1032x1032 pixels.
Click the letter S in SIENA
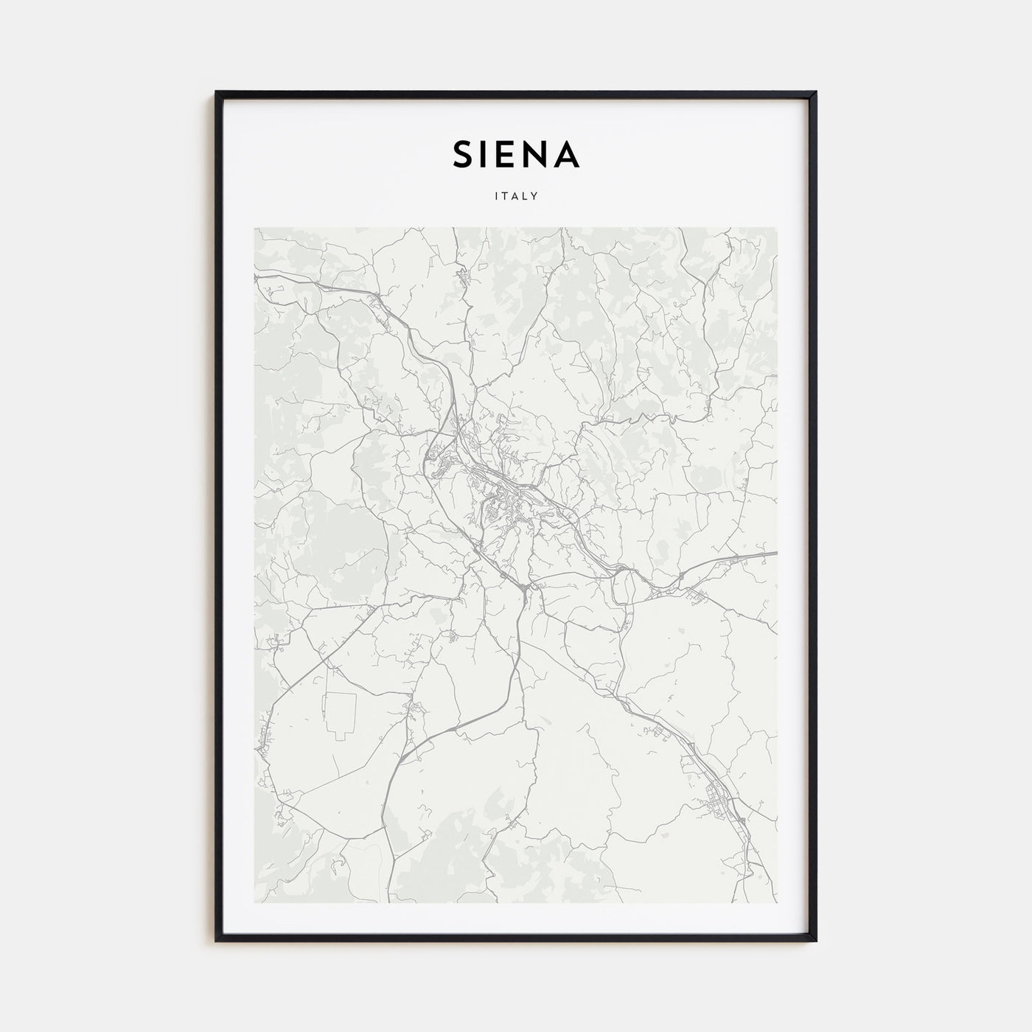click(464, 154)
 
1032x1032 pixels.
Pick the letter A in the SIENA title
click(569, 154)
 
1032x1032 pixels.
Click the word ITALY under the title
click(516, 197)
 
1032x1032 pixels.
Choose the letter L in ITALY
click(524, 197)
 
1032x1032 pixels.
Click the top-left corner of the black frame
click(217, 92)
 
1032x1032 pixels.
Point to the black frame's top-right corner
click(815, 92)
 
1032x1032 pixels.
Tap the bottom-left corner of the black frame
click(217, 941)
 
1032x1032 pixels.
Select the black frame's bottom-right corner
click(815, 941)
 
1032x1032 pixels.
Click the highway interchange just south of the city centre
click(523, 588)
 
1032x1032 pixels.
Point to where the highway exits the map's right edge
click(775, 552)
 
